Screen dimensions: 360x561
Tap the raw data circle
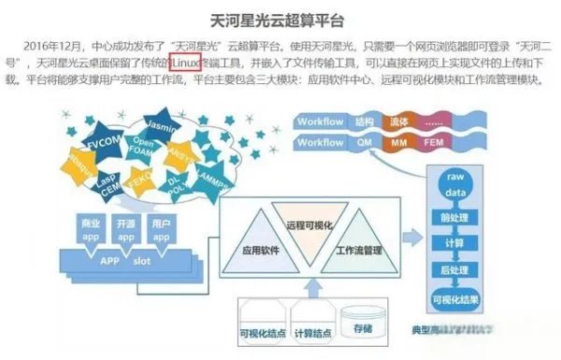pos(455,185)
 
